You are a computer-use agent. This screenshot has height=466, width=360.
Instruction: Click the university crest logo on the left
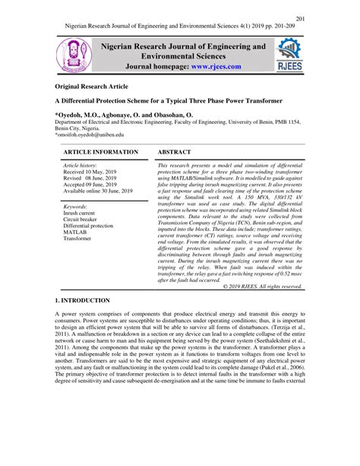(x=76, y=58)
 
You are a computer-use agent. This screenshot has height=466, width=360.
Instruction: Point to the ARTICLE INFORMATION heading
(x=100, y=152)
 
